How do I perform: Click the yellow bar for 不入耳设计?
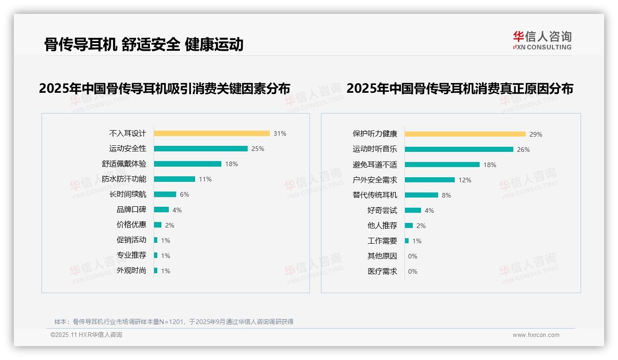coord(212,133)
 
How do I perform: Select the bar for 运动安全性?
coord(201,149)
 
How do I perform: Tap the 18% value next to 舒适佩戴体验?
coord(232,164)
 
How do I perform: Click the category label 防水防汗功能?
coord(124,179)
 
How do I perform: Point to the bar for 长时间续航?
coord(165,194)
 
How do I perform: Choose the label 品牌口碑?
coord(131,210)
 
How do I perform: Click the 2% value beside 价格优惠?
coord(170,225)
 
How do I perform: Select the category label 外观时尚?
coord(131,270)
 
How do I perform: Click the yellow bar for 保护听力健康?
coord(465,134)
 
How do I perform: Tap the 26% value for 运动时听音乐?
coord(523,150)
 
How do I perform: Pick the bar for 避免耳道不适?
coord(442,165)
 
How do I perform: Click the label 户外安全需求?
coord(375,180)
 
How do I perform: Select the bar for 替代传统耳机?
coord(422,195)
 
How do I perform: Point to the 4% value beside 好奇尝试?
coord(429,210)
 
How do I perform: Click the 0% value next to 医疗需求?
coord(413,271)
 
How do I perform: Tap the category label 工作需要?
coord(382,241)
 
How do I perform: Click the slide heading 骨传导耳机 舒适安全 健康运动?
coord(144,44)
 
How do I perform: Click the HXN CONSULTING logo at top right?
coord(542,41)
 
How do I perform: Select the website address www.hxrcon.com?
coord(536,335)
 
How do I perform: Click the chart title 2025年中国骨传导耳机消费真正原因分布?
coord(460,88)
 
